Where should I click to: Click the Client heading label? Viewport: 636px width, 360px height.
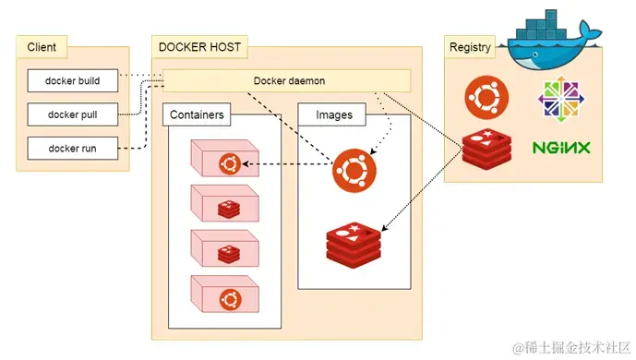[x=42, y=46]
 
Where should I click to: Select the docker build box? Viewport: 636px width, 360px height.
[x=73, y=80]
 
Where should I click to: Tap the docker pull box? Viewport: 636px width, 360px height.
[x=73, y=114]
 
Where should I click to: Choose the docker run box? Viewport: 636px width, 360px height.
[x=73, y=148]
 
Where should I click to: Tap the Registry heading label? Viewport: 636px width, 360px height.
[x=469, y=47]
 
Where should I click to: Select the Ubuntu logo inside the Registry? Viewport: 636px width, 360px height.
[x=485, y=97]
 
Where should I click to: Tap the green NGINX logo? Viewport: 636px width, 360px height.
[x=561, y=148]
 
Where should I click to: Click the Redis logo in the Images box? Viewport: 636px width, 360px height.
[x=354, y=243]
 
